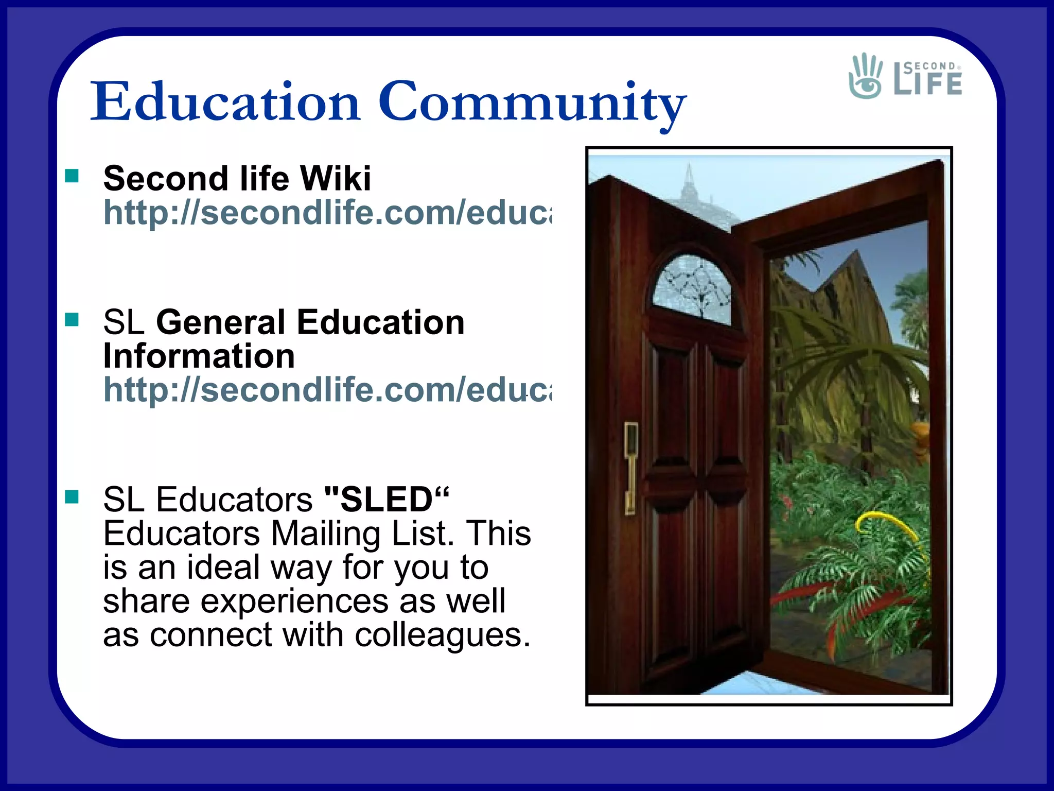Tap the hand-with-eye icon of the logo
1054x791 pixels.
(x=866, y=76)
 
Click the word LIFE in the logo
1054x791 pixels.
(x=928, y=83)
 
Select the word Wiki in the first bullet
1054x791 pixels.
(x=335, y=178)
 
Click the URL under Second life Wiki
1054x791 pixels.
(x=327, y=212)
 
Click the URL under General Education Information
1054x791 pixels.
(x=327, y=390)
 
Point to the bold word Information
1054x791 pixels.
(x=199, y=356)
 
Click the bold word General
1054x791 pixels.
(x=220, y=323)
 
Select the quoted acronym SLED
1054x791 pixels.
(x=387, y=499)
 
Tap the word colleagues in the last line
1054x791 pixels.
(x=443, y=634)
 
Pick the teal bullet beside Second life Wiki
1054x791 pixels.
(x=72, y=177)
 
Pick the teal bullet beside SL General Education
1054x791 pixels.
(x=72, y=320)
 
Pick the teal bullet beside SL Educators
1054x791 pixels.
(x=72, y=497)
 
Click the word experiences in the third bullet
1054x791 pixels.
(x=294, y=601)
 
